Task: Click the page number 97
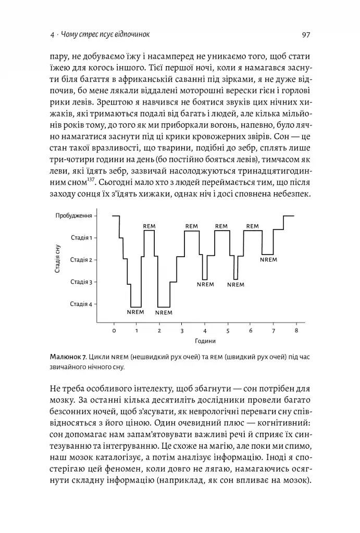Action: pos(306,35)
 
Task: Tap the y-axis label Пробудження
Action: pos(75,215)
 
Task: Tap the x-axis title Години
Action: pos(205,341)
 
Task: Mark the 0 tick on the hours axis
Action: pos(114,331)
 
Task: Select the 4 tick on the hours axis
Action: pos(205,331)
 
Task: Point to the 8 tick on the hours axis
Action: pos(296,331)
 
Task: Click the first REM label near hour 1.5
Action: pos(150,226)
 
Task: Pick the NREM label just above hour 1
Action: pos(135,312)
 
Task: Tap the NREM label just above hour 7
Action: pos(269,259)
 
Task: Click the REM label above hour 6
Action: pos(252,226)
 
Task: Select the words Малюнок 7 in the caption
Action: pos(67,357)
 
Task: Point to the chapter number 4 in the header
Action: pos(52,35)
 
